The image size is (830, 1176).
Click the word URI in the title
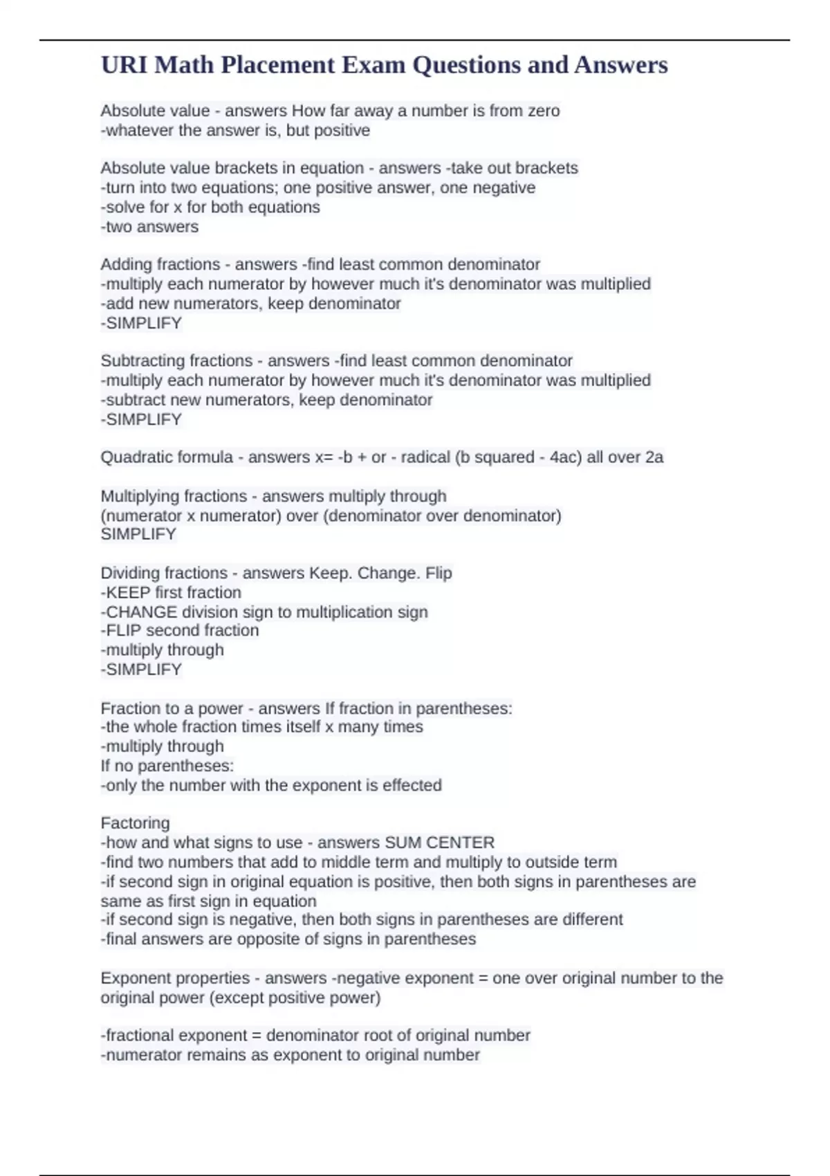124,65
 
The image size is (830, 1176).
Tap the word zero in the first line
543,111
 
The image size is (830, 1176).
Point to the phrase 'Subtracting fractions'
176,360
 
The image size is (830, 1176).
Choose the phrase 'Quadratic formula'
167,457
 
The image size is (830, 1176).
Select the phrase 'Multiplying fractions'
174,496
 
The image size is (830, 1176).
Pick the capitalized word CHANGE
142,612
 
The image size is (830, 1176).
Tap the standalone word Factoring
135,823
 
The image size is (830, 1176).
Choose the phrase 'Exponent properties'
175,978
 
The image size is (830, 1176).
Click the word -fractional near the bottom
138,1036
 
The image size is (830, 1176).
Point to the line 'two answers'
150,227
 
